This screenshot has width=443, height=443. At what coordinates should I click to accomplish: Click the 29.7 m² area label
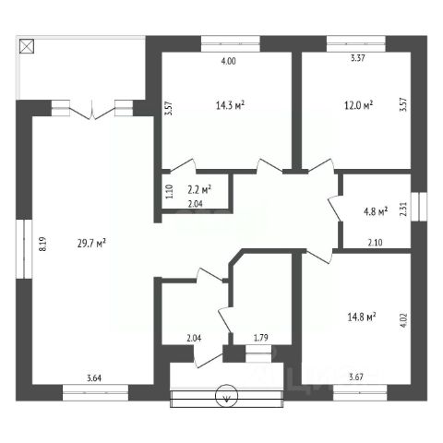(91, 244)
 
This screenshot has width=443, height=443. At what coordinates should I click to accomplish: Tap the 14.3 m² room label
(230, 105)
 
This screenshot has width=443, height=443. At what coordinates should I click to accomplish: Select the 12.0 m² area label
(358, 105)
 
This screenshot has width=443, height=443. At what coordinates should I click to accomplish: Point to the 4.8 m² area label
(376, 211)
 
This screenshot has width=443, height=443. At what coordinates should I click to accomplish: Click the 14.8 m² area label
(362, 317)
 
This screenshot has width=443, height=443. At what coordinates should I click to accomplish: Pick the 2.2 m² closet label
(199, 189)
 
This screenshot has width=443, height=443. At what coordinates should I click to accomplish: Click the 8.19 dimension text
(42, 244)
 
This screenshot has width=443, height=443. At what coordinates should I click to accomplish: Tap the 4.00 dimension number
(229, 61)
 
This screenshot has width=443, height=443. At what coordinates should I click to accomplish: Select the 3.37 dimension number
(358, 58)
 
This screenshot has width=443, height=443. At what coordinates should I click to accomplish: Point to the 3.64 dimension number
(94, 377)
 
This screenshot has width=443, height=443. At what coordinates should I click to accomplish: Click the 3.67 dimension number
(356, 377)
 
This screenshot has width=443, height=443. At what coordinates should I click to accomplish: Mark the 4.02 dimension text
(403, 322)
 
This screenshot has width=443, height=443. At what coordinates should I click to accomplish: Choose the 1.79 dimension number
(261, 338)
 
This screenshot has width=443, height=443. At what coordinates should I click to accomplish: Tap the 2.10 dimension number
(376, 243)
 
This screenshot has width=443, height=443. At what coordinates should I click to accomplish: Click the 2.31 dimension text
(403, 210)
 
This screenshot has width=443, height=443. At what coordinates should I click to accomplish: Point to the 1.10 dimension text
(170, 191)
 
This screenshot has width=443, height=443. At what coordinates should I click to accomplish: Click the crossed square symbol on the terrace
(27, 46)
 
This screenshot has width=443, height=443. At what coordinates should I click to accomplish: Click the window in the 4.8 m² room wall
(419, 207)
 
